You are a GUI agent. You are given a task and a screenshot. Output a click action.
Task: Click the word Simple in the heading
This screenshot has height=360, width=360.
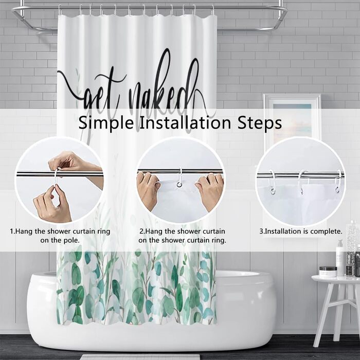[x=106, y=123]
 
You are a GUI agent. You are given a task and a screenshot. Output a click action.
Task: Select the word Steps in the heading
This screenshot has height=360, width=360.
[x=259, y=123]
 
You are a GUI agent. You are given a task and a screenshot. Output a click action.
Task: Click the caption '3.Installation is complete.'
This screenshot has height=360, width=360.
[x=301, y=231]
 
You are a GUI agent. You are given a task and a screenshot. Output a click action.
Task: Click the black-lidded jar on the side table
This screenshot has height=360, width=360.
[x=328, y=272]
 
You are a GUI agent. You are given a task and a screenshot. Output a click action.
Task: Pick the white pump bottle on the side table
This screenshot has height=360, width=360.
[x=340, y=258]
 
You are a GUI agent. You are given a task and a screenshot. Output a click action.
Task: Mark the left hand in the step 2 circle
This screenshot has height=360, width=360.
[x=148, y=189]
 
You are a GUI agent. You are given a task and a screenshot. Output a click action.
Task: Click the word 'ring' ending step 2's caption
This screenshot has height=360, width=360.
[x=219, y=241]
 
